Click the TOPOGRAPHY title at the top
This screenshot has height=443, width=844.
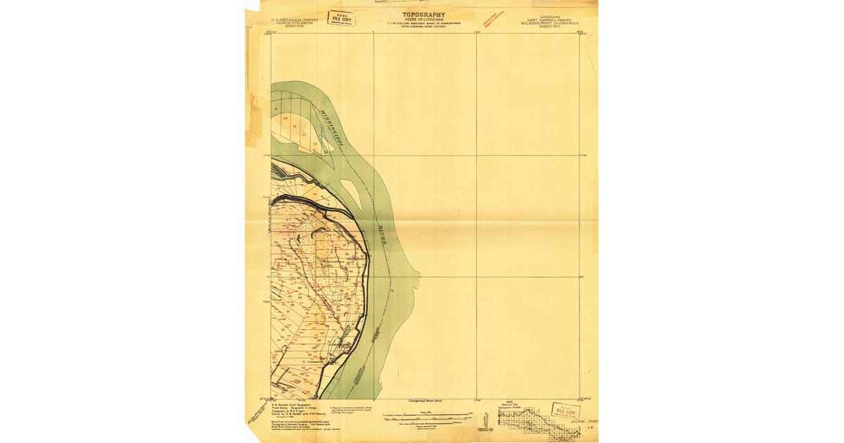coord(423,14)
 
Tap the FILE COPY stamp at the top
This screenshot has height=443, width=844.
coord(341,18)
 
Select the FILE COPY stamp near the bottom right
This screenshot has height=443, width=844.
coord(566,410)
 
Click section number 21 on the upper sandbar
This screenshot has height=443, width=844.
coord(295,126)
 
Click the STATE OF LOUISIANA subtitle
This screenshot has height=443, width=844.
coord(423,20)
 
